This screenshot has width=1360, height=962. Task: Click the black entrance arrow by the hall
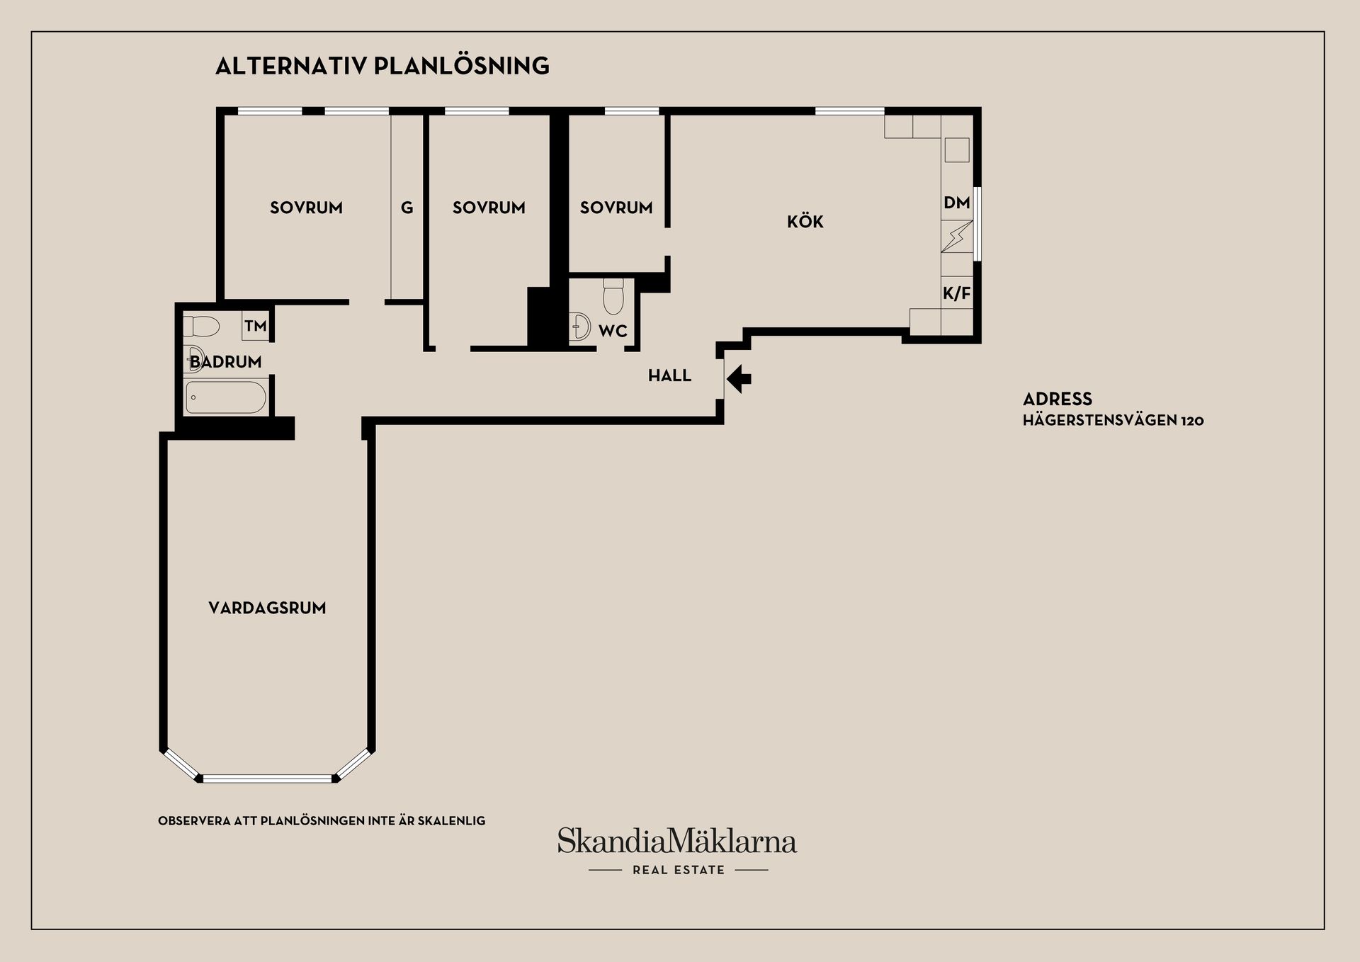tap(739, 378)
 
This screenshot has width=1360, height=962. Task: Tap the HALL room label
tap(669, 375)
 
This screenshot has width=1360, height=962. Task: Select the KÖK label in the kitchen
tap(805, 221)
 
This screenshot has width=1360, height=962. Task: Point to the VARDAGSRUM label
tap(267, 608)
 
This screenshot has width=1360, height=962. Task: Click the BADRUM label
tap(226, 362)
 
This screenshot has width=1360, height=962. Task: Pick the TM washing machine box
tap(256, 326)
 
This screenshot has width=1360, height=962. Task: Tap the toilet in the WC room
tap(613, 296)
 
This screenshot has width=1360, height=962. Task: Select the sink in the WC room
tap(580, 327)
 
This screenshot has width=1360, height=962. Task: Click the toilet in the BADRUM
tap(201, 327)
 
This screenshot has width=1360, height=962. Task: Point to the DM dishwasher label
tap(956, 203)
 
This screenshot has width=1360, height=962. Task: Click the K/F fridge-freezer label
tap(956, 293)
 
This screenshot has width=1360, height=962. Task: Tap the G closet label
tap(407, 208)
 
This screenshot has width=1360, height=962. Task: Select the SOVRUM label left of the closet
tap(306, 208)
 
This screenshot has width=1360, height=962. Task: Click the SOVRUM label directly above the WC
tap(616, 208)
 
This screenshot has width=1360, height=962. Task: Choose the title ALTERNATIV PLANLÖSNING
tap(382, 66)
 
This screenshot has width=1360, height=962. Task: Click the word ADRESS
tap(1058, 399)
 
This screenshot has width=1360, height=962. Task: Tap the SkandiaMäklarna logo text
tap(677, 841)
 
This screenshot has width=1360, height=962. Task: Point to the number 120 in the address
tap(1192, 421)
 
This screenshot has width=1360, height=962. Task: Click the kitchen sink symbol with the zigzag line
tap(957, 237)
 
